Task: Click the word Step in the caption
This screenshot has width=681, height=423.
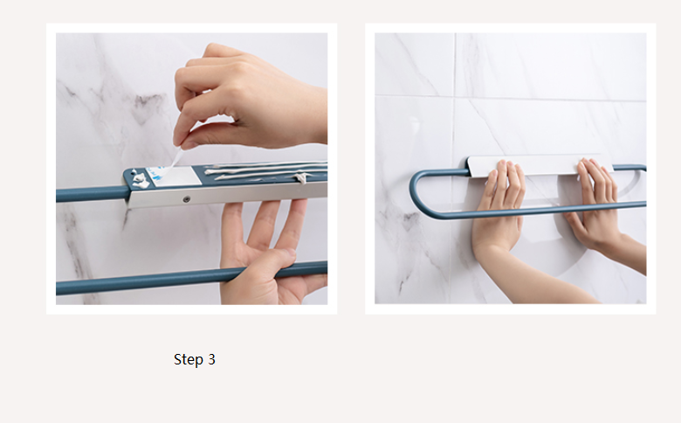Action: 188,360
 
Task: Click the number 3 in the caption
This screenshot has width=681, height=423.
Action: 211,359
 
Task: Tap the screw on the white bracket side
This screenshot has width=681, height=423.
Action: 186,199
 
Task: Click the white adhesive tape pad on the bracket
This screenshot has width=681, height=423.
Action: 174,177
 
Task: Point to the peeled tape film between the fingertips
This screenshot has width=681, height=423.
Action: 175,157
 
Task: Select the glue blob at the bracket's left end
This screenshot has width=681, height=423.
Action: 140,179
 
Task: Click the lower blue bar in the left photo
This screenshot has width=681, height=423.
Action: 191,278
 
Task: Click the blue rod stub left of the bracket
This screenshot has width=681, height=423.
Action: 92,194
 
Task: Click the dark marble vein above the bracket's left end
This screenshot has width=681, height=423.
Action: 148,107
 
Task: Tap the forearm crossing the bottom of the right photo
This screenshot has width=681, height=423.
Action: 539,278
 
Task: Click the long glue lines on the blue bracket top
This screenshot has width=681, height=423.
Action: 265,170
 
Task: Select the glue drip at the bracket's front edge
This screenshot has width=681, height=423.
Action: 301,177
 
